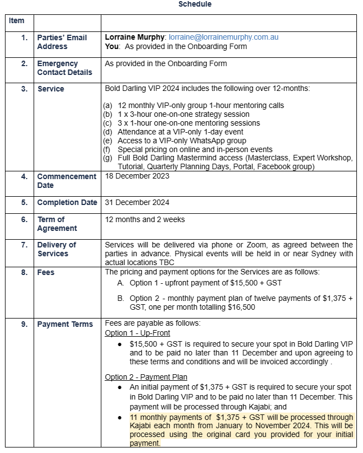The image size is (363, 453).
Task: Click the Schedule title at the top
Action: pyautogui.click(x=194, y=4)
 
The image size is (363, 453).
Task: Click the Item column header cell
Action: pyautogui.click(x=17, y=21)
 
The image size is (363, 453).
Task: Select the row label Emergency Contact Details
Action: pyautogui.click(x=64, y=68)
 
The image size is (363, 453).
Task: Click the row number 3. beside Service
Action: pyautogui.click(x=24, y=89)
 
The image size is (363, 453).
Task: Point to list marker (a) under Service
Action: pyautogui.click(x=108, y=105)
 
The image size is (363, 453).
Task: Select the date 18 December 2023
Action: pyautogui.click(x=137, y=176)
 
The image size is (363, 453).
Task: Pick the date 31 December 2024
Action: pyautogui.click(x=137, y=202)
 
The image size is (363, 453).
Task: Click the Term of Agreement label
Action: pyautogui.click(x=57, y=224)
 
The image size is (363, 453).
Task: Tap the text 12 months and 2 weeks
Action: pyautogui.click(x=145, y=219)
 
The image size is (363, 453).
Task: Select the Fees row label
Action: pyautogui.click(x=46, y=272)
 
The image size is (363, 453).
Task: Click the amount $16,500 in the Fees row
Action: pyautogui.click(x=240, y=308)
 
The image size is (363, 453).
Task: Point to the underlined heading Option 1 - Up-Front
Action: pyautogui.click(x=137, y=333)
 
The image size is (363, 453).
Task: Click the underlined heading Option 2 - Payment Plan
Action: pyautogui.click(x=146, y=378)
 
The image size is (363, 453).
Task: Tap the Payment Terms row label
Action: pyautogui.click(x=65, y=324)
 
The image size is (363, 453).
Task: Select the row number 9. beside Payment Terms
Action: pyautogui.click(x=24, y=324)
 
